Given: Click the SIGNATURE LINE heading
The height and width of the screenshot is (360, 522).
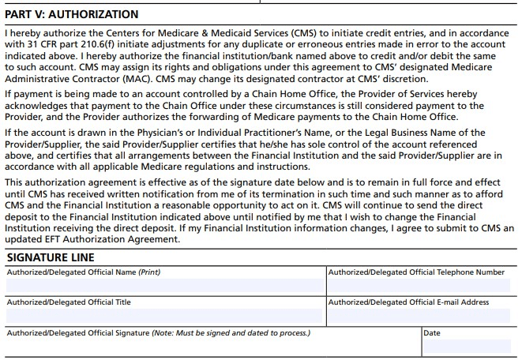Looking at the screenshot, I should [51, 257].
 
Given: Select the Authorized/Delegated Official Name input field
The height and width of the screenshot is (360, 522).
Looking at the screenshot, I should [165, 285].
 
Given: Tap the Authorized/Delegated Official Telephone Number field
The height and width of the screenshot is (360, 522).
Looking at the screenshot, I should [422, 285].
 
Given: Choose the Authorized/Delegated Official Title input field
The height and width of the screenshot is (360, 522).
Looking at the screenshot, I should [165, 316].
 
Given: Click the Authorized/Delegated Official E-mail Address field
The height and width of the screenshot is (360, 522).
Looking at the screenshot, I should [422, 316].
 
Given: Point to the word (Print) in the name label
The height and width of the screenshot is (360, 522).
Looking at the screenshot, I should [149, 272].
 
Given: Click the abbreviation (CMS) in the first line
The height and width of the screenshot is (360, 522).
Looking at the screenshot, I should [298, 35].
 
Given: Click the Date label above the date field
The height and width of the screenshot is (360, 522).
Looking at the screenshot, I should [432, 332].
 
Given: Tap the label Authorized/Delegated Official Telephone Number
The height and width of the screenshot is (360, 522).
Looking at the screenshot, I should [416, 272].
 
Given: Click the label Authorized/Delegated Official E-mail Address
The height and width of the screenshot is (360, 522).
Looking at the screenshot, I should [408, 302].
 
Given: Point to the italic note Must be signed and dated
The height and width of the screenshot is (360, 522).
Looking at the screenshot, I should [237, 332].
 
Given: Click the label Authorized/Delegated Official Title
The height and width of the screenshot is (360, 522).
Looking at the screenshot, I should [69, 302].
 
